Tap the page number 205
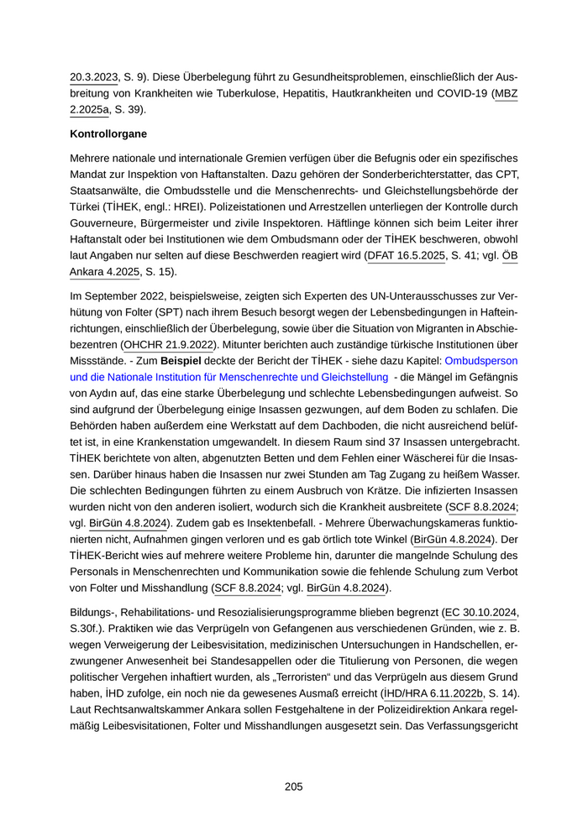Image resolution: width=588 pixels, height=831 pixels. point(293,787)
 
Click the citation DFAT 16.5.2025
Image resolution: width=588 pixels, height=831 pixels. point(407,256)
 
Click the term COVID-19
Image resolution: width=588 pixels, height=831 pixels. point(460,93)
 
